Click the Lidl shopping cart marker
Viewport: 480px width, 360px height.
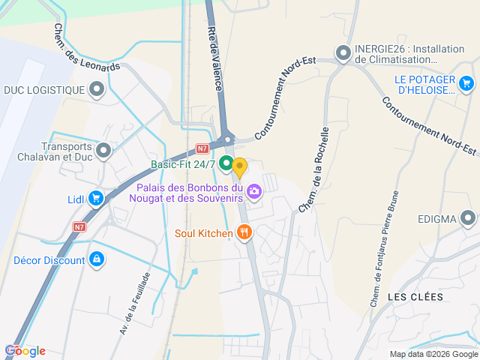point(95,199)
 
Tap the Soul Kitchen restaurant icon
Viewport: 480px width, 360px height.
point(243,232)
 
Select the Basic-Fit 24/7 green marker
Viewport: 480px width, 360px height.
point(225,164)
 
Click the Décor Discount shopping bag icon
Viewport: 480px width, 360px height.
point(96,259)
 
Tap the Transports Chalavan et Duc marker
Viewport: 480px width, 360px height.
point(103,151)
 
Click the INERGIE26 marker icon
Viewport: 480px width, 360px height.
point(344,53)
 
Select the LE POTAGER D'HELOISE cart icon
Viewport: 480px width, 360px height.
point(467,83)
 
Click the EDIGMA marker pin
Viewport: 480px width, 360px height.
point(468,219)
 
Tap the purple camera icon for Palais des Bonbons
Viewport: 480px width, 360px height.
point(255,192)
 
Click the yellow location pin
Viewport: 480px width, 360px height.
point(239,166)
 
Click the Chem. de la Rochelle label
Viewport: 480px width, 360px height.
point(314,169)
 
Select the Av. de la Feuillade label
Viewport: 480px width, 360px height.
point(134,303)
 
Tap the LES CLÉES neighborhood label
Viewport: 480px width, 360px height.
point(415,297)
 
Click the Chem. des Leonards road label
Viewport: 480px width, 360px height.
point(86,47)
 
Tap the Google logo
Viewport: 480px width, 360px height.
point(25,351)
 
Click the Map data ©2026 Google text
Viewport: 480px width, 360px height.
point(433,354)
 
